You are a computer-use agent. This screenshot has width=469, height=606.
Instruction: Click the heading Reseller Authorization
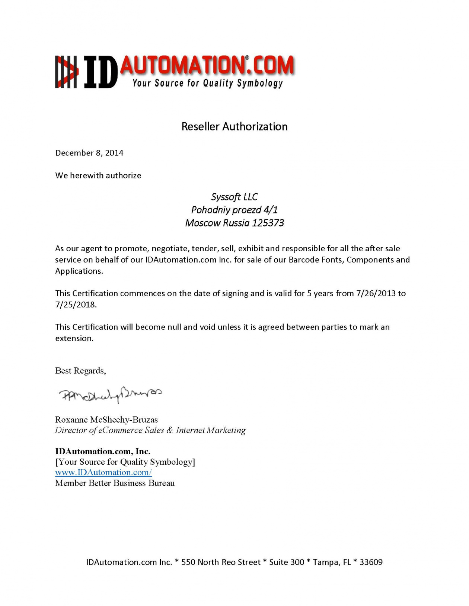(x=234, y=127)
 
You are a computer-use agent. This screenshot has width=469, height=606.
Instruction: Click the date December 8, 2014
(x=89, y=153)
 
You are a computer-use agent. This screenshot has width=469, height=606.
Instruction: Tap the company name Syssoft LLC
(x=234, y=197)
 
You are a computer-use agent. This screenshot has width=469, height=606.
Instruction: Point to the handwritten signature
(x=110, y=394)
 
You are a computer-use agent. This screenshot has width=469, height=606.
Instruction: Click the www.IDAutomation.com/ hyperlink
(x=103, y=473)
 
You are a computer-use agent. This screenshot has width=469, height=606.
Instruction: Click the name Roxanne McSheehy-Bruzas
(x=106, y=420)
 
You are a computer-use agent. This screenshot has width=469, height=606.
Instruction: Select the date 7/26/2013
(x=376, y=293)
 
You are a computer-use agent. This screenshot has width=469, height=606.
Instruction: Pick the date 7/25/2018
(x=76, y=304)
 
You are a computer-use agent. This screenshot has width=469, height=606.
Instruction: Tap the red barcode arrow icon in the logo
(x=67, y=72)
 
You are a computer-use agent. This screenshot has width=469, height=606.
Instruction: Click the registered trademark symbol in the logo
(x=247, y=58)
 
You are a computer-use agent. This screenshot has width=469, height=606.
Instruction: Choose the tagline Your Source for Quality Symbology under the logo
(x=208, y=83)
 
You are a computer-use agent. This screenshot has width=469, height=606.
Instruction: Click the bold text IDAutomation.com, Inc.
(x=103, y=451)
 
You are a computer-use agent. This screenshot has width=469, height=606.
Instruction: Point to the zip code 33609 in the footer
(x=371, y=562)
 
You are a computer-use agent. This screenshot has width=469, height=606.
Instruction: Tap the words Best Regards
(x=80, y=371)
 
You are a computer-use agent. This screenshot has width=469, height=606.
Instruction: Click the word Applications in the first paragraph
(x=79, y=271)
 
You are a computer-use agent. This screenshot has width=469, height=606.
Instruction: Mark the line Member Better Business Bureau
(x=115, y=483)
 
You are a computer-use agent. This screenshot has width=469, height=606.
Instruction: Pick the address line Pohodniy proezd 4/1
(x=234, y=210)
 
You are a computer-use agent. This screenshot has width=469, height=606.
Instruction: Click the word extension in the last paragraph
(x=74, y=338)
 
